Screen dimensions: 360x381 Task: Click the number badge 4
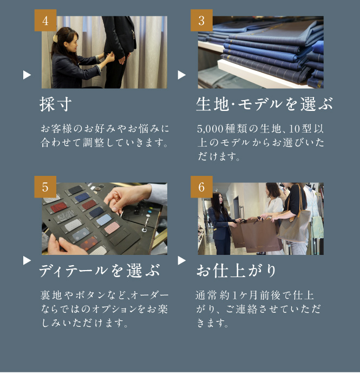(x=45, y=21)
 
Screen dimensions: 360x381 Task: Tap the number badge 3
(x=201, y=21)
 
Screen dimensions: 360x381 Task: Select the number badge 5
(x=45, y=187)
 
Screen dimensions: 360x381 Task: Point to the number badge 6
(x=201, y=187)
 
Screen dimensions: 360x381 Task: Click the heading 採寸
(x=56, y=104)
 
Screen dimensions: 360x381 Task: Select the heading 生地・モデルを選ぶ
(x=264, y=104)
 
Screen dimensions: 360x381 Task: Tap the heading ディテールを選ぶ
(x=100, y=271)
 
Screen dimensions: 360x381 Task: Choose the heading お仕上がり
(x=236, y=271)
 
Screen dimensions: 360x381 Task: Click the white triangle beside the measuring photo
(x=27, y=75)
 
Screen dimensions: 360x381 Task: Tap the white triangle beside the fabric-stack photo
(x=181, y=75)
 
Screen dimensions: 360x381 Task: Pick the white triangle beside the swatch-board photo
(x=27, y=260)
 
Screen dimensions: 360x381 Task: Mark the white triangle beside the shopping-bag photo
(x=181, y=260)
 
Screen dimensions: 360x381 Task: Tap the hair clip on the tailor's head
(x=55, y=38)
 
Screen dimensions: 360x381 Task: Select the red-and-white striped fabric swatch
(x=112, y=228)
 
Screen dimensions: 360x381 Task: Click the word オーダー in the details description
(x=150, y=295)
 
